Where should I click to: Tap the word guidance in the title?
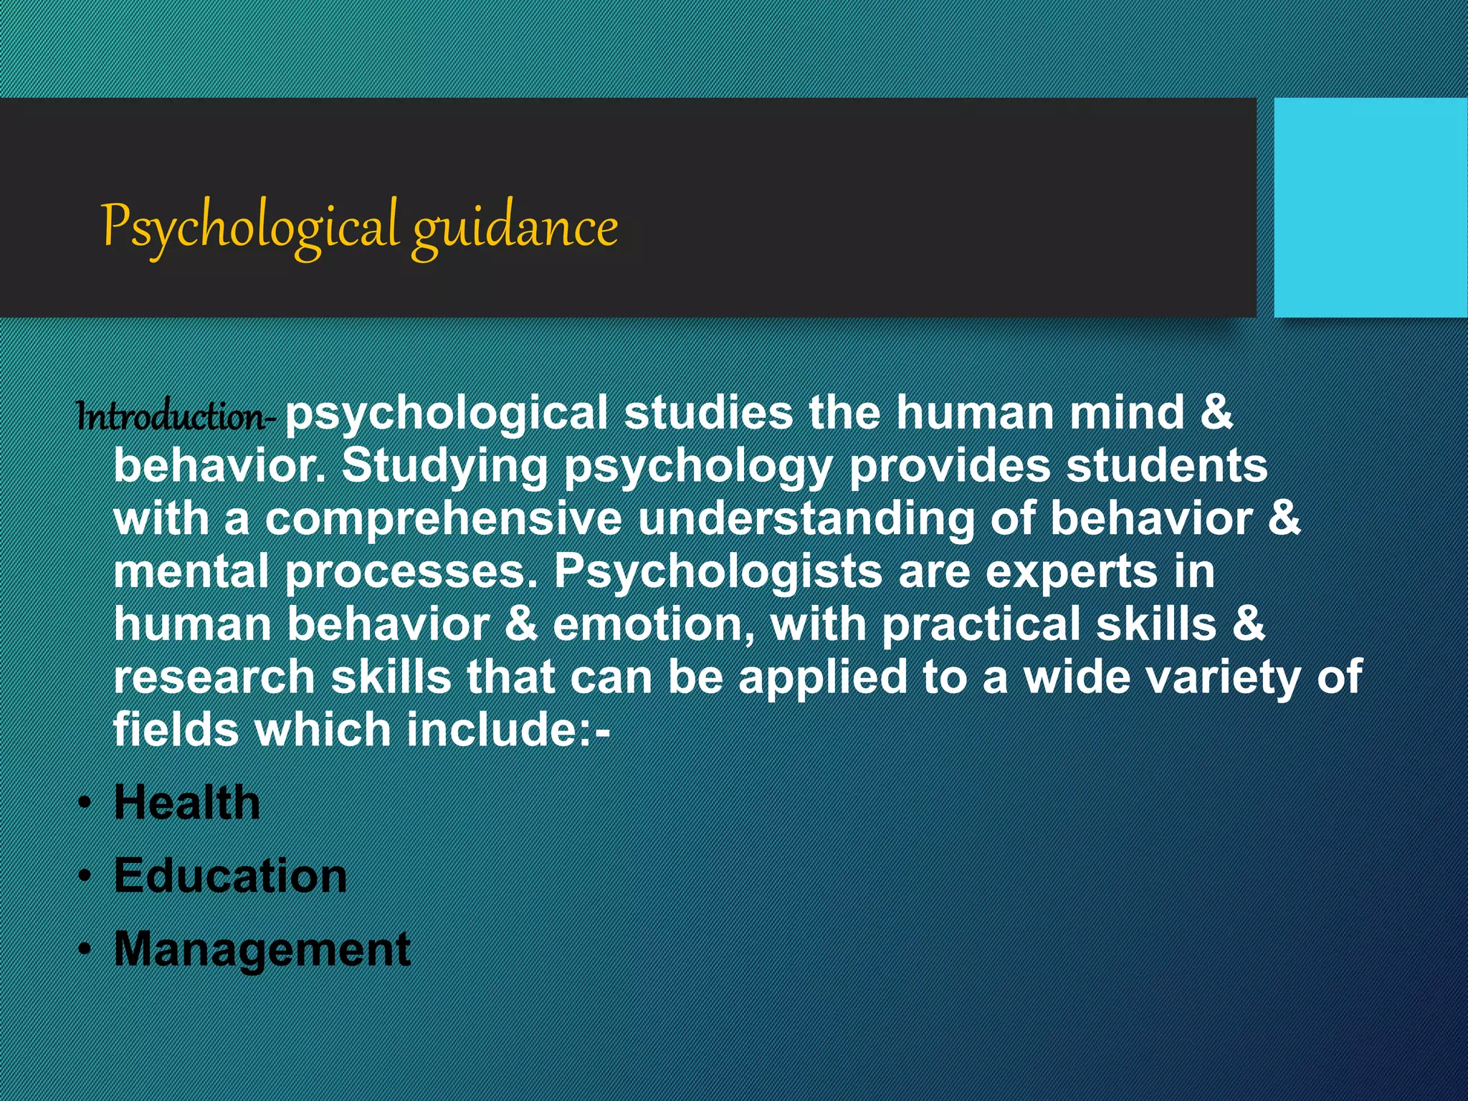515,228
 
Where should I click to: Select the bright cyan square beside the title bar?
1370,208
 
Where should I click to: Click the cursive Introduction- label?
174,416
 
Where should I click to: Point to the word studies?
708,414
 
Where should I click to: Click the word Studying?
444,467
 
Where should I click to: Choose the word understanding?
806,519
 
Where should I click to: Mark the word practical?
981,624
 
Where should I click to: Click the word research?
214,677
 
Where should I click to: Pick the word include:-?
508,730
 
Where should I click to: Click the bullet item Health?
187,802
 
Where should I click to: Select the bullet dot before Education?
85,876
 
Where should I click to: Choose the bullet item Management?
262,950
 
